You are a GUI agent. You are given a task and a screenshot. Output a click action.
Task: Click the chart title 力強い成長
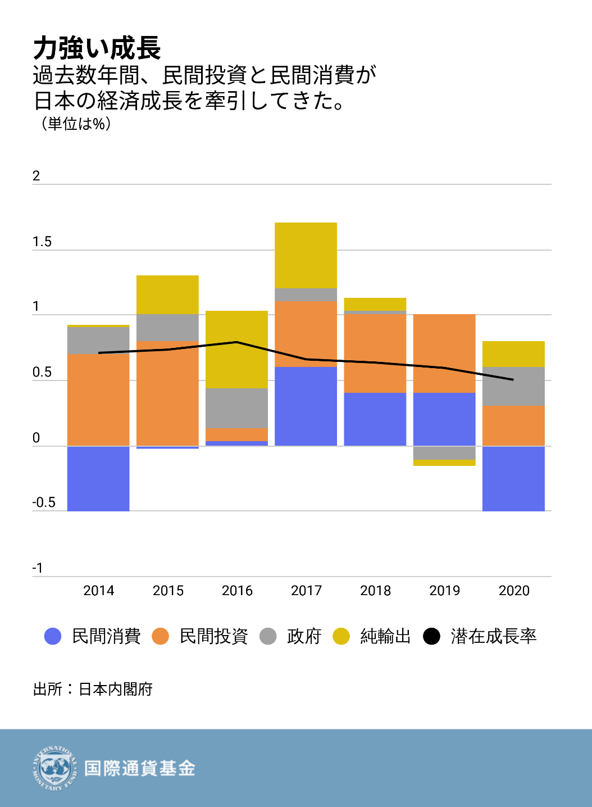pos(97,48)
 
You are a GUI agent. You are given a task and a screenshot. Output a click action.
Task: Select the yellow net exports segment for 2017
pos(306,255)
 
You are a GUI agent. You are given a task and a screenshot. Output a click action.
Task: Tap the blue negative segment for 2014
pos(98,478)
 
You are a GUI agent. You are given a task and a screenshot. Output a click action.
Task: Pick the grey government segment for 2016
pos(236,408)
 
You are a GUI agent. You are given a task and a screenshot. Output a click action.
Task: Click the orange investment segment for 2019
pos(444,353)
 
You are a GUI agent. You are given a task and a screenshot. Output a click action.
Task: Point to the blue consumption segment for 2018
pos(375,419)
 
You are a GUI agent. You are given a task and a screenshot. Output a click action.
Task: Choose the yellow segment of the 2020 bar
pos(513,354)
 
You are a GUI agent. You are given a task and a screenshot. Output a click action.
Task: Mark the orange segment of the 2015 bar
pos(167,393)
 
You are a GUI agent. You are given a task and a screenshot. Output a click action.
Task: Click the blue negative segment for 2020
pos(513,478)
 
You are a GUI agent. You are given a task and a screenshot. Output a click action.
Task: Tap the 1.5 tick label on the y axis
pos(42,242)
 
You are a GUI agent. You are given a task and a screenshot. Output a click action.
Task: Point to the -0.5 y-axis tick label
pos(44,502)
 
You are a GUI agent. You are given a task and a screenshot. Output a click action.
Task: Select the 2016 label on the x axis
pos(237,591)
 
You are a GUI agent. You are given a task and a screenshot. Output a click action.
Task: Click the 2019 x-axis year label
pos(444,591)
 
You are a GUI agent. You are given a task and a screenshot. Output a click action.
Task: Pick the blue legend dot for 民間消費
pos(53,637)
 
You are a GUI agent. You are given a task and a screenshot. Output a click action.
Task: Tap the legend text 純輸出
pos(385,637)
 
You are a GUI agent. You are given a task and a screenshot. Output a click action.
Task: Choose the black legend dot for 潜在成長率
pos(431,637)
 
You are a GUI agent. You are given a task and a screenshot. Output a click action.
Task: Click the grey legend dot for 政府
pos(268,637)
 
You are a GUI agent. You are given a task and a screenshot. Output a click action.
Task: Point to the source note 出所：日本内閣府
pos(93,690)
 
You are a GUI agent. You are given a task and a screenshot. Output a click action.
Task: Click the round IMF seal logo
pos(54,768)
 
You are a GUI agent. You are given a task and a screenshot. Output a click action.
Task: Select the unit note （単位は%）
pos(76,124)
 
